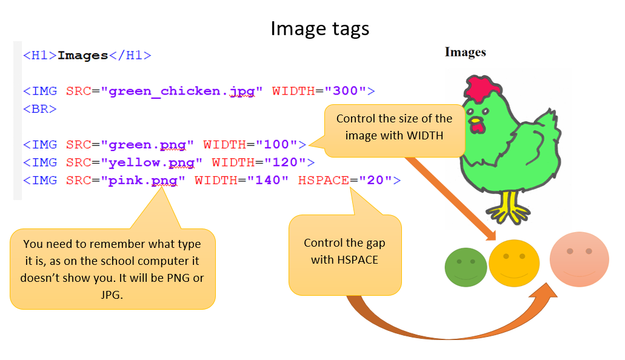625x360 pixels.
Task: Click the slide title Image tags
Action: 319,28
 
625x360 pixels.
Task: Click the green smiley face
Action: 466,267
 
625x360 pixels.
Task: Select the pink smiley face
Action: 579,259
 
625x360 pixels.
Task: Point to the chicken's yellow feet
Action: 508,209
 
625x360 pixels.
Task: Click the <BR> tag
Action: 40,110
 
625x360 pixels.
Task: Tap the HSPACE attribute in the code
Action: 324,181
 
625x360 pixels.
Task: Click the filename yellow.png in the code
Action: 152,162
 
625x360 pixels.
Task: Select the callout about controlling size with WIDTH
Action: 394,127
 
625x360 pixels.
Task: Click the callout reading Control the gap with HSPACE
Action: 344,252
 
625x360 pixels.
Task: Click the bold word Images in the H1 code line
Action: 82,56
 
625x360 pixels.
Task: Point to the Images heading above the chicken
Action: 465,52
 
